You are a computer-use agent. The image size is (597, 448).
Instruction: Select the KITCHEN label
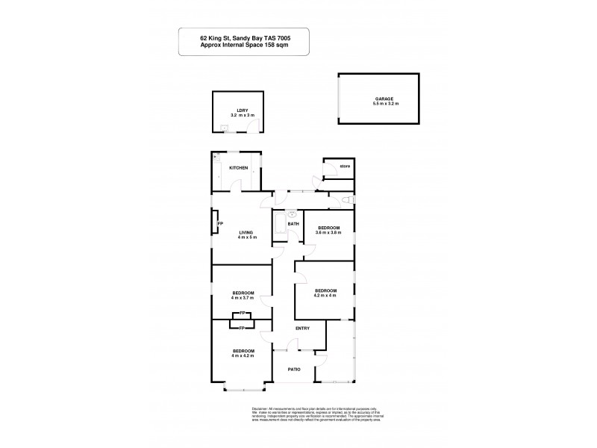[x=239, y=168]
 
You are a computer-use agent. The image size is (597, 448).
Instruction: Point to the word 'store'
[x=345, y=165]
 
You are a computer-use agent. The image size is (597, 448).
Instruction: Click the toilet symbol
[x=346, y=202]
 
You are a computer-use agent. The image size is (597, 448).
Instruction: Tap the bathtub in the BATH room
[x=280, y=224]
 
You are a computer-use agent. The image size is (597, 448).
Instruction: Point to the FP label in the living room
[x=220, y=223]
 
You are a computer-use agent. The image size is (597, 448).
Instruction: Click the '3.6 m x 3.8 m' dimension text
[x=329, y=233]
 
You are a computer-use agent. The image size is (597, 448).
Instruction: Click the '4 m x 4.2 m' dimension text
[x=243, y=356]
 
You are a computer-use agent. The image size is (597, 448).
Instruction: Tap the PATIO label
[x=295, y=369]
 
